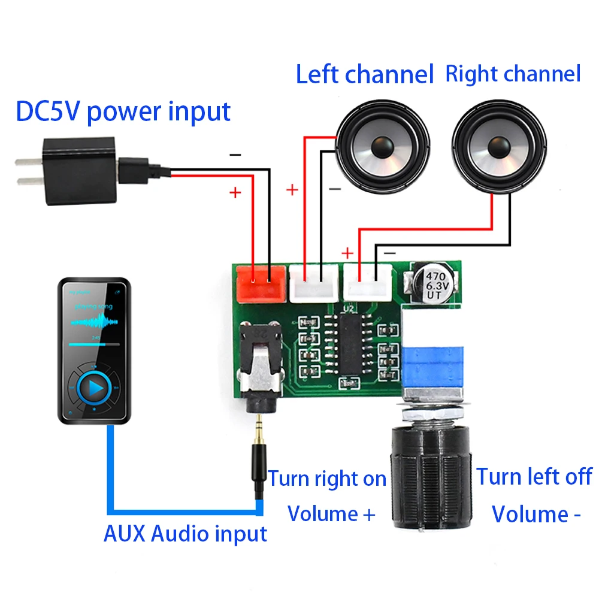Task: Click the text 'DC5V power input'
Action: (123, 112)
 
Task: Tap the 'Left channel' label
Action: (365, 75)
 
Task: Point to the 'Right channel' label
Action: (513, 74)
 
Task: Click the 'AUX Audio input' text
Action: (185, 533)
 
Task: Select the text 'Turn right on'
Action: (327, 479)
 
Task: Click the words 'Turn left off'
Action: (534, 477)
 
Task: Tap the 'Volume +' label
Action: (331, 514)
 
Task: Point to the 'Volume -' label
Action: (537, 514)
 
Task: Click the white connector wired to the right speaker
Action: (367, 282)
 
